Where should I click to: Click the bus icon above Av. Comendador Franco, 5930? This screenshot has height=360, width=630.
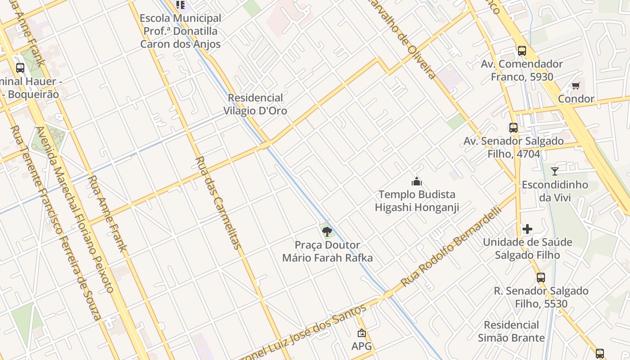522,50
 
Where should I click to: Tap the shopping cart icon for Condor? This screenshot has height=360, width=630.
576,85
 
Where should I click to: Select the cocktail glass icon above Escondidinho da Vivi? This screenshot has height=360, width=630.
555,171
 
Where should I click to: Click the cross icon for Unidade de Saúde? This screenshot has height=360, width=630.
527,229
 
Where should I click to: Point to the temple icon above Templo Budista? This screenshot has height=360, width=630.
417,182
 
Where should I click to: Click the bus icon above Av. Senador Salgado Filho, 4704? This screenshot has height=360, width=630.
513,128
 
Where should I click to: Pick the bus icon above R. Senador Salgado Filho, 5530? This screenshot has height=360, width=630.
541,278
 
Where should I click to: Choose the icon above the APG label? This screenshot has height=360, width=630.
361,333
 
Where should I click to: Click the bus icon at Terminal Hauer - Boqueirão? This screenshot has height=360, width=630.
20,68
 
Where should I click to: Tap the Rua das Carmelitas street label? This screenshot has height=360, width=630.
218,202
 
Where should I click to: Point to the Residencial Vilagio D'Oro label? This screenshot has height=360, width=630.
255,104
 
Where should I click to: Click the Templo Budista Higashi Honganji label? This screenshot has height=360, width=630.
417,201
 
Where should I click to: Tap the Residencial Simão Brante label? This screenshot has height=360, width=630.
511,331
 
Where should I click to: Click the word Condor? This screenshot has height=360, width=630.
576,99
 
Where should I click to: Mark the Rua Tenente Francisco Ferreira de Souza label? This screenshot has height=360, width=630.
56,223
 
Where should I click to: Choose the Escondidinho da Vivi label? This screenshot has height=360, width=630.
555,191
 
